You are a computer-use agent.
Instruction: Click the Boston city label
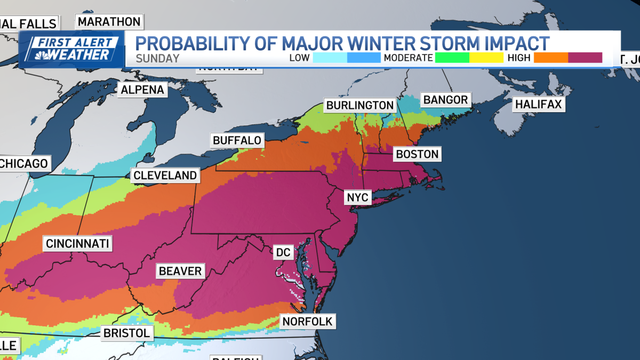[x=417, y=155]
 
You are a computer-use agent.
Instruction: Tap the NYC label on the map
[x=357, y=197]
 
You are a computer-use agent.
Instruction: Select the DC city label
[x=282, y=252]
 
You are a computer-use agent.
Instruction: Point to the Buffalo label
[x=237, y=140]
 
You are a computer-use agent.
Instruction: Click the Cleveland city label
[x=165, y=175]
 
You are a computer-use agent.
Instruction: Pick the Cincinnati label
[x=77, y=244]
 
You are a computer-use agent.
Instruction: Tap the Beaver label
[x=180, y=271]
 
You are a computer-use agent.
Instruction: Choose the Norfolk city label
[x=308, y=321]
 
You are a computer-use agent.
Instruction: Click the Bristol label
[x=126, y=333]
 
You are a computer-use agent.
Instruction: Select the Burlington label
[x=360, y=105]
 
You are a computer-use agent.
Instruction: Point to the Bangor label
[x=445, y=100]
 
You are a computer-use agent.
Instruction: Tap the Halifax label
[x=538, y=104]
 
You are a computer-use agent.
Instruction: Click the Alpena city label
[x=142, y=90]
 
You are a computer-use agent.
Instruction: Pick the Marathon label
[x=109, y=22]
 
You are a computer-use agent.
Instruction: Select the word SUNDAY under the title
[x=157, y=58]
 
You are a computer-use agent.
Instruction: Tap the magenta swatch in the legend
[x=585, y=58]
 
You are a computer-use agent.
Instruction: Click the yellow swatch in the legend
[x=486, y=58]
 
